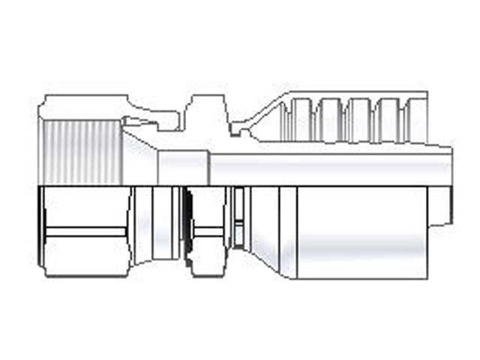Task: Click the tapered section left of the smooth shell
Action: tap(266, 225)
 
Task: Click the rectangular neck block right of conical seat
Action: tap(182, 166)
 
